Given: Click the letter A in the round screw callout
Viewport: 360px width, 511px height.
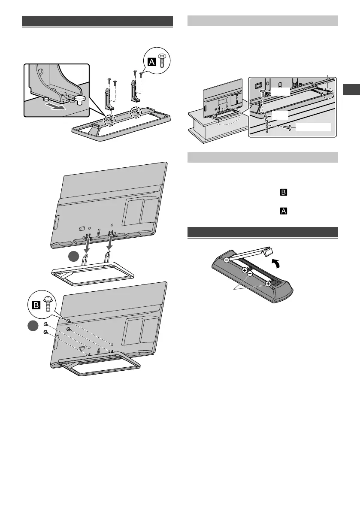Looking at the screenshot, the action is (151, 62).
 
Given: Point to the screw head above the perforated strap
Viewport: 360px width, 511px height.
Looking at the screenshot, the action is (263, 91).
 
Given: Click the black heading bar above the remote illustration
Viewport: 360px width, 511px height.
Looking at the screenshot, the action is (263, 232).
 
